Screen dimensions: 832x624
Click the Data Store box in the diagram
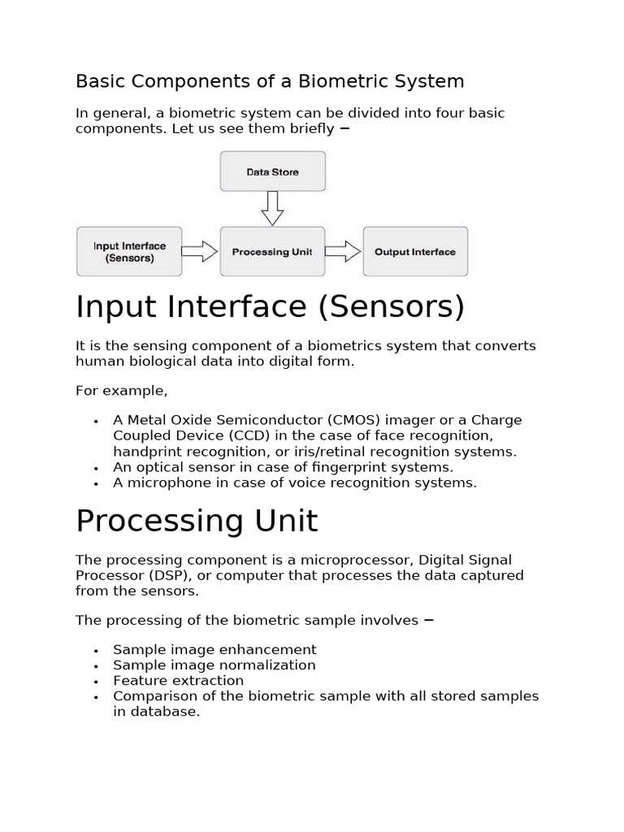click(x=272, y=172)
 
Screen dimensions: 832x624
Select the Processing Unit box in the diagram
click(x=272, y=252)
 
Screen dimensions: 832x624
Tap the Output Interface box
click(x=415, y=252)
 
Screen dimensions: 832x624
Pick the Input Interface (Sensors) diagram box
click(x=129, y=252)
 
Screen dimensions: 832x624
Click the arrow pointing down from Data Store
click(x=272, y=208)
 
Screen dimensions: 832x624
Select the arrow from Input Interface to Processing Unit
click(x=200, y=252)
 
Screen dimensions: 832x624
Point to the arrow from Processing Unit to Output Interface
click(x=343, y=252)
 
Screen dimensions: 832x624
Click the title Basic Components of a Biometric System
click(x=270, y=81)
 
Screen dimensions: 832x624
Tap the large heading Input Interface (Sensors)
click(x=270, y=307)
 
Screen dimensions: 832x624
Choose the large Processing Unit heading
click(x=197, y=521)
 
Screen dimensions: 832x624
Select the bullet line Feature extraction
click(x=178, y=680)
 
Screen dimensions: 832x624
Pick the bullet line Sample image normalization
click(x=214, y=665)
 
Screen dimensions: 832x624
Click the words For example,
click(x=122, y=391)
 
